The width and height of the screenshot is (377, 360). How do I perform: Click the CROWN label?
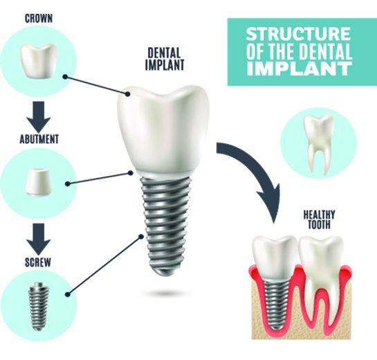coord(39,19)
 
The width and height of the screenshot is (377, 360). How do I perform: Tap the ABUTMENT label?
coord(39,139)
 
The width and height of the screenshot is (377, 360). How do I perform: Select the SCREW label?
coord(38,262)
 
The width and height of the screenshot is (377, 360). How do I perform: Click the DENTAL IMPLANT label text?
coord(165,59)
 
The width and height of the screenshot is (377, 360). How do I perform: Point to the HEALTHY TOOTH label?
coord(319,219)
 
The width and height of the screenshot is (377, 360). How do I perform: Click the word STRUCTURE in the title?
coord(298,34)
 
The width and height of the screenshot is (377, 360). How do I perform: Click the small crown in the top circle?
coord(38,61)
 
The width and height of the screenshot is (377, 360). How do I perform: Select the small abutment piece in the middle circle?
coord(39,182)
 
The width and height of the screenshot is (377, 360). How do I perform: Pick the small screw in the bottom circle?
coord(39,306)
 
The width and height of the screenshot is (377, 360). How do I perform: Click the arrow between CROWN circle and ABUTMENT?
coord(39,116)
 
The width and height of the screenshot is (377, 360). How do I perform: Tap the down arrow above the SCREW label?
coord(39,238)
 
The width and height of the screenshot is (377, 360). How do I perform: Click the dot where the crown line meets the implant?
coord(128,94)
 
